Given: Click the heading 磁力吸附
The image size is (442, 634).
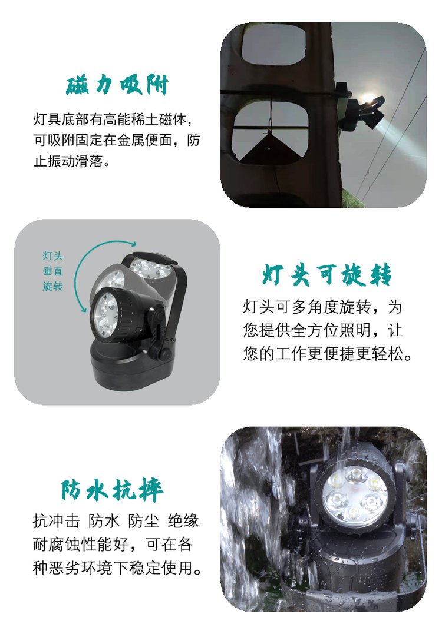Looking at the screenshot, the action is click(117, 85).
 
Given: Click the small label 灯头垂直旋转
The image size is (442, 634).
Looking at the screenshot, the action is click(53, 271).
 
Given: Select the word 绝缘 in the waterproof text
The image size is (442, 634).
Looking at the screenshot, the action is click(183, 521).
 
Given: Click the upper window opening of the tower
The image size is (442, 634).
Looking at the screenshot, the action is click(273, 45).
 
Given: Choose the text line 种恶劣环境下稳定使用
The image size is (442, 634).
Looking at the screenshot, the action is click(117, 567).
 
